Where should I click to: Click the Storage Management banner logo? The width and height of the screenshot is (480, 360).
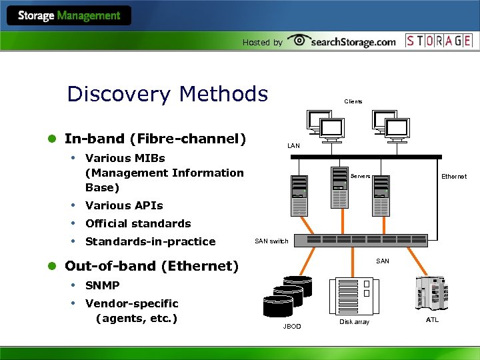(x=69, y=15)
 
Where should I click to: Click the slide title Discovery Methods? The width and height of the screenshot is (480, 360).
(x=167, y=94)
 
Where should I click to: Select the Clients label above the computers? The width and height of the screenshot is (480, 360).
(x=353, y=101)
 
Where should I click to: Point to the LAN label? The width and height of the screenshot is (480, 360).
(x=293, y=145)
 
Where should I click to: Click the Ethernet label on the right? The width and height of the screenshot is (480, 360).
(x=454, y=177)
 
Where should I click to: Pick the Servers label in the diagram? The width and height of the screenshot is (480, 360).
(x=360, y=177)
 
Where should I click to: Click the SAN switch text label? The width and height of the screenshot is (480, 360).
(x=272, y=241)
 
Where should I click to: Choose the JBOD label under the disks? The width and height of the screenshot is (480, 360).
(x=292, y=327)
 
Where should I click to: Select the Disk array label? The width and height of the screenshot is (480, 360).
(x=354, y=322)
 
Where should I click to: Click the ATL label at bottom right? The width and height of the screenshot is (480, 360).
(x=433, y=321)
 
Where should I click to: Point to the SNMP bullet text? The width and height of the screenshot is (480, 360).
(x=103, y=285)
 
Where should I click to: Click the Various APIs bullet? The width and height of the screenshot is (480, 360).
(x=124, y=205)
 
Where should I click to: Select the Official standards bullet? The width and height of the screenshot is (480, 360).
(x=138, y=223)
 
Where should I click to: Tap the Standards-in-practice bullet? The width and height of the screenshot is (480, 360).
(x=151, y=241)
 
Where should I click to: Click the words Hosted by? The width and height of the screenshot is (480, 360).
(x=262, y=42)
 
